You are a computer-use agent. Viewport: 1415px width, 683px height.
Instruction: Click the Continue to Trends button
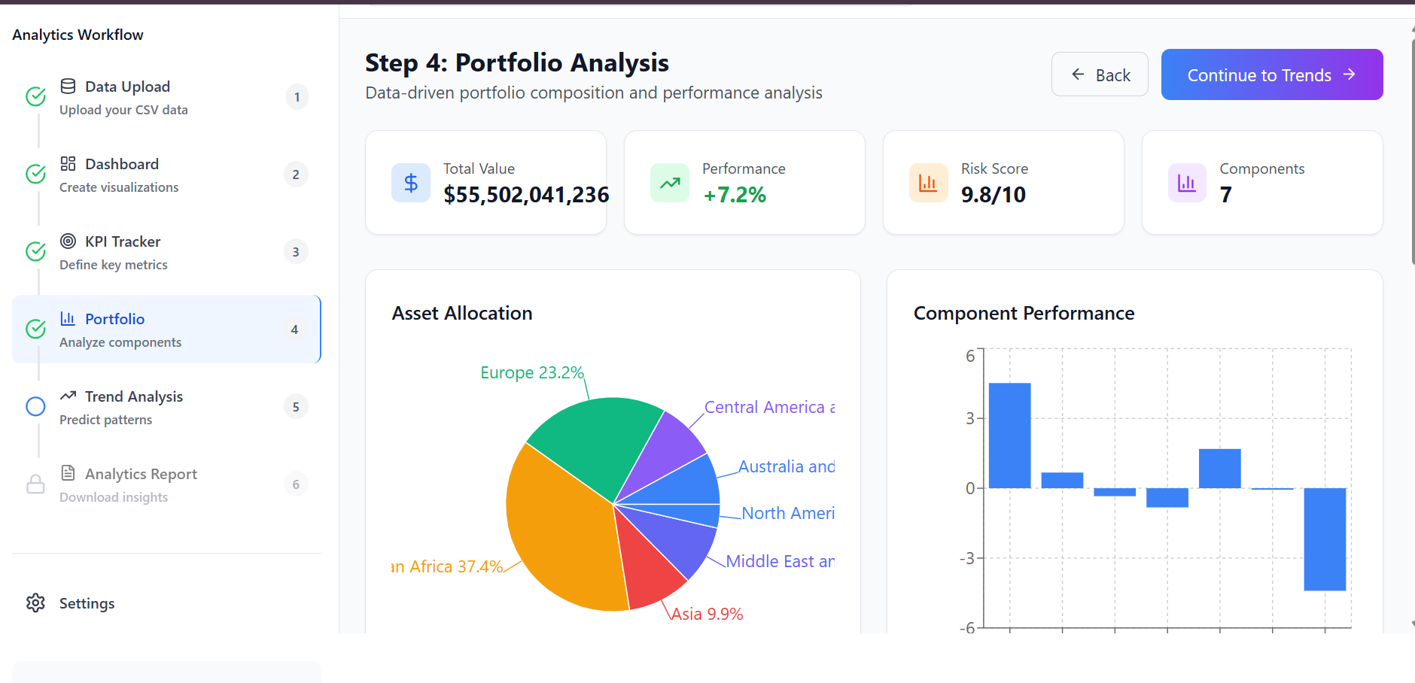[x=1271, y=75]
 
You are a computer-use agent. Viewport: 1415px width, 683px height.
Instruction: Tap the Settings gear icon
[x=35, y=603]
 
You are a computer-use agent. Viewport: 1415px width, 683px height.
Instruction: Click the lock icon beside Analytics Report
[x=35, y=484]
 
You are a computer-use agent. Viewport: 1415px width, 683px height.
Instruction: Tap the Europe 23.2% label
[x=531, y=373]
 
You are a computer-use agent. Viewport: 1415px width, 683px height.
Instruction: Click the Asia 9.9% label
[x=707, y=615]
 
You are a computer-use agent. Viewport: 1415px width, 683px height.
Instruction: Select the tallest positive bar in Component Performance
[x=1009, y=436]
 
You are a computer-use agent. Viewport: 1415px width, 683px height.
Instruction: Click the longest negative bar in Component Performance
[x=1325, y=539]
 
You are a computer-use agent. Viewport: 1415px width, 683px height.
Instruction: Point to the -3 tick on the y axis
[x=966, y=559]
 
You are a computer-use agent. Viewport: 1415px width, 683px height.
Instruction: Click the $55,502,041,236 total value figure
[x=526, y=196]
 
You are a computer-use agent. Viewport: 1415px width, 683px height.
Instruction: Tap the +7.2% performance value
[x=735, y=196]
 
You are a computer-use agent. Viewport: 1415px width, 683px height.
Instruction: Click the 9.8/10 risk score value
[x=993, y=196]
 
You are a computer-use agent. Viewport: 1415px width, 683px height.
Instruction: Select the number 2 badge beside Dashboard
[x=296, y=175]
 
